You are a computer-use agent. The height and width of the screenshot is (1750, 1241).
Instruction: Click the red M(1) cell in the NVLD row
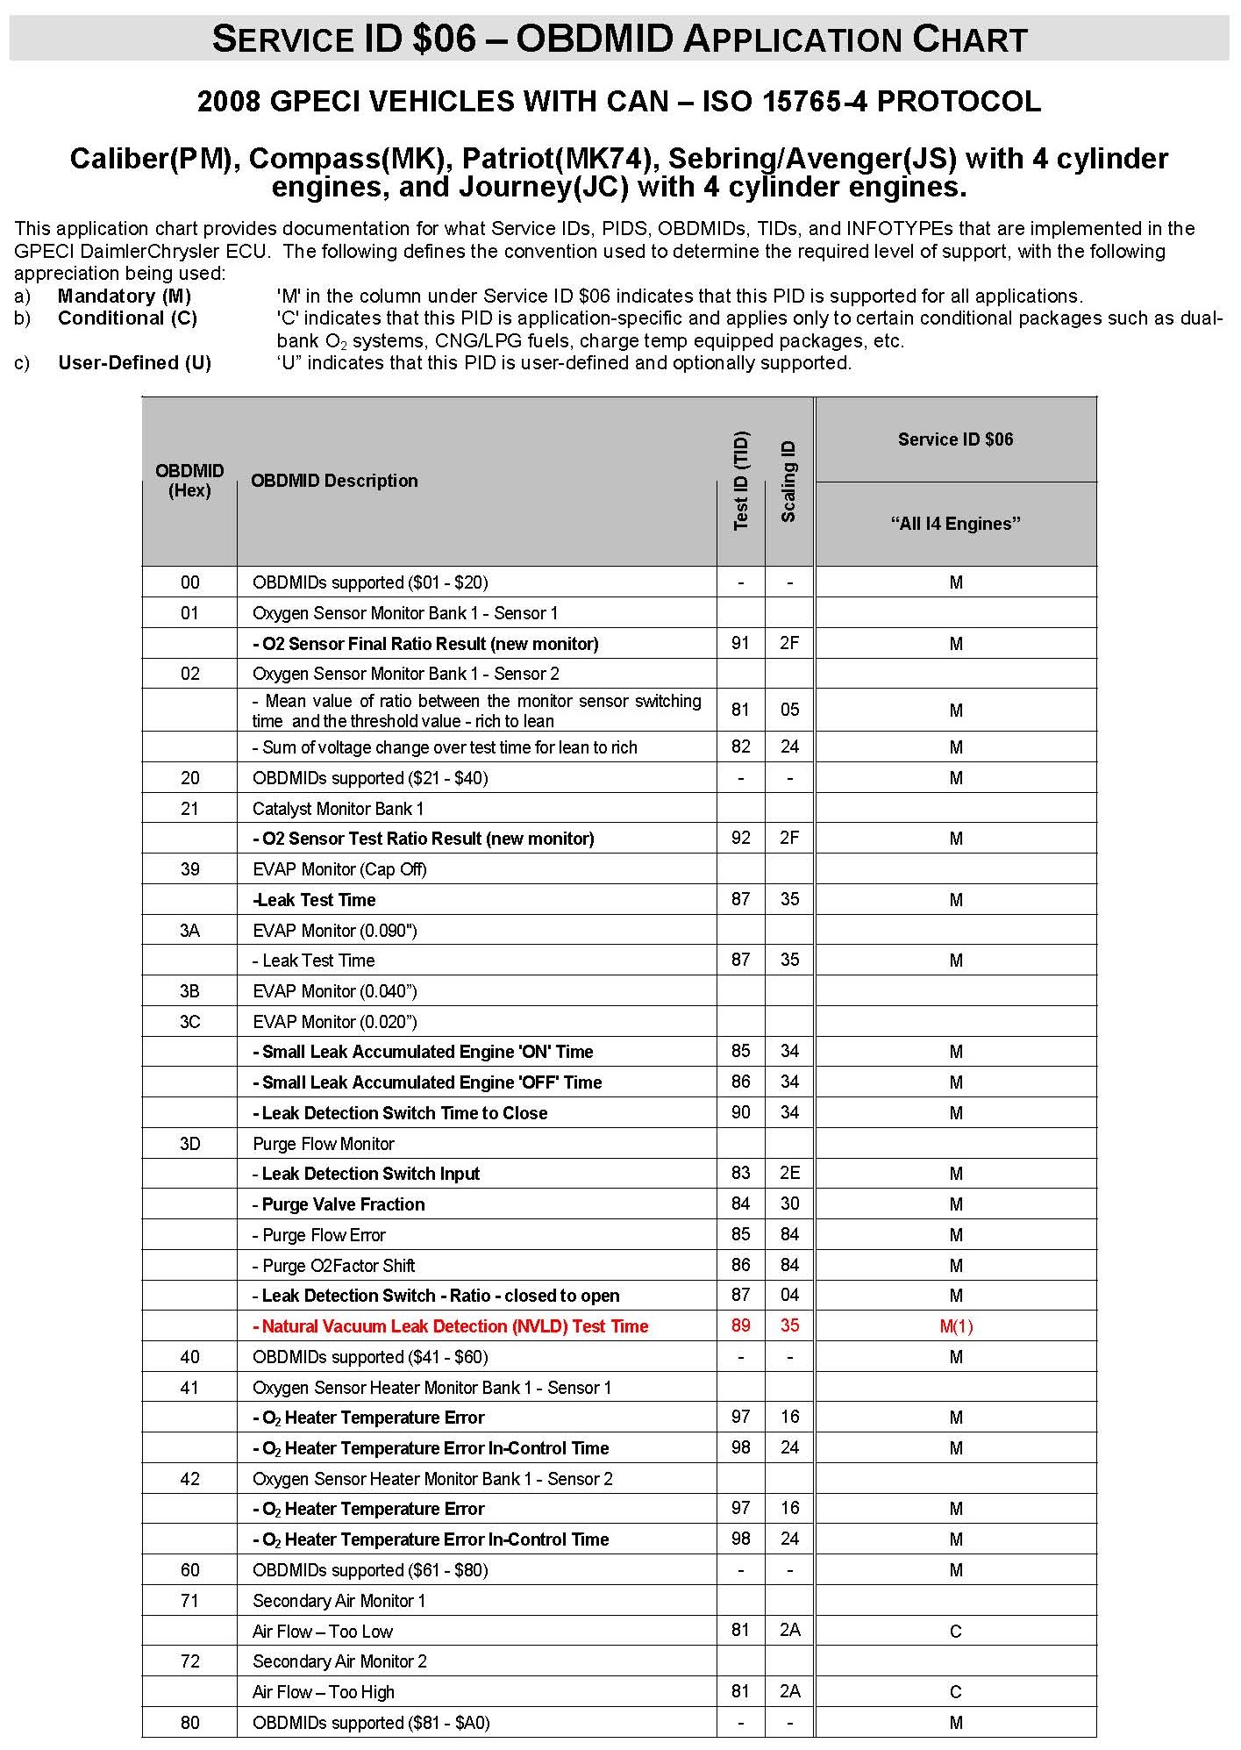click(955, 1326)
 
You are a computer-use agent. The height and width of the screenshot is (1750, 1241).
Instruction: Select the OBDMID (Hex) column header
click(189, 481)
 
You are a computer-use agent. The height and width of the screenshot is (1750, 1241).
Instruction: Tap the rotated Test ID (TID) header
click(741, 481)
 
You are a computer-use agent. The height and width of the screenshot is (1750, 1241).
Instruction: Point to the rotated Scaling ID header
click(788, 482)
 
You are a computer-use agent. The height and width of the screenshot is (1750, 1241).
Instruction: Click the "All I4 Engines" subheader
click(955, 524)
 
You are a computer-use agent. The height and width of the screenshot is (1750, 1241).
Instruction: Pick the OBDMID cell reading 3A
click(189, 930)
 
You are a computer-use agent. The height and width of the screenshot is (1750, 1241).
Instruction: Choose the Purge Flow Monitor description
click(324, 1144)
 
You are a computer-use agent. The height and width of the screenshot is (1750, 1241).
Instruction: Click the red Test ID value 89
click(741, 1325)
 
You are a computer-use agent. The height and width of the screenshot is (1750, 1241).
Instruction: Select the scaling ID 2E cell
click(789, 1174)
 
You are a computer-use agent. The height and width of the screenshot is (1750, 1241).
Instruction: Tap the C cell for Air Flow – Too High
click(955, 1692)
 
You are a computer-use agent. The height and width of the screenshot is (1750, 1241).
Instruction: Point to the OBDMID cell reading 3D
click(189, 1144)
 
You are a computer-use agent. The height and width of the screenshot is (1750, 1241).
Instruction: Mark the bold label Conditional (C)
click(127, 318)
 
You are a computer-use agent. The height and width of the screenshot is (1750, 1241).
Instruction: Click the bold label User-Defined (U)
click(134, 363)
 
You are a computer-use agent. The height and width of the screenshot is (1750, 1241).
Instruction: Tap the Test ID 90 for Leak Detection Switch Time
click(741, 1112)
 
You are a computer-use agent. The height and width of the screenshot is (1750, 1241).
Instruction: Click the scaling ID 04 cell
click(789, 1295)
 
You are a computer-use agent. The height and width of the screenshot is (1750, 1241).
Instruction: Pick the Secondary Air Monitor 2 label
click(339, 1661)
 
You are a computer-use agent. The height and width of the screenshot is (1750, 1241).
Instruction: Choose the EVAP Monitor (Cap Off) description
click(339, 869)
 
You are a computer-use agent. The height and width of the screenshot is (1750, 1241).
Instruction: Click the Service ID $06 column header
click(955, 439)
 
